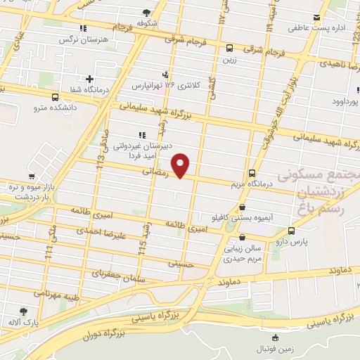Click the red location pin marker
[x=181, y=165]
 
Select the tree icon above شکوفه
[x=146, y=12]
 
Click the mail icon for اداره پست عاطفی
[x=316, y=18]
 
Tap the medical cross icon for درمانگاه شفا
[x=89, y=79]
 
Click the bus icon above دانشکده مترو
[x=56, y=98]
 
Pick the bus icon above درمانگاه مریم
[x=252, y=174]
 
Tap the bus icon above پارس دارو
[x=291, y=231]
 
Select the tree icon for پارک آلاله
[x=24, y=311]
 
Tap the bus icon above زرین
[x=230, y=49]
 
